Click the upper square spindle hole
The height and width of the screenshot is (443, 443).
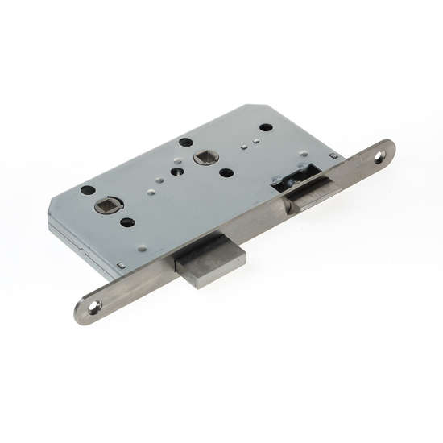click(202, 158)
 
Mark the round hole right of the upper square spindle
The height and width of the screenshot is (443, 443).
click(226, 171)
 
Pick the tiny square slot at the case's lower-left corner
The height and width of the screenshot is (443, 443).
click(119, 265)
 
